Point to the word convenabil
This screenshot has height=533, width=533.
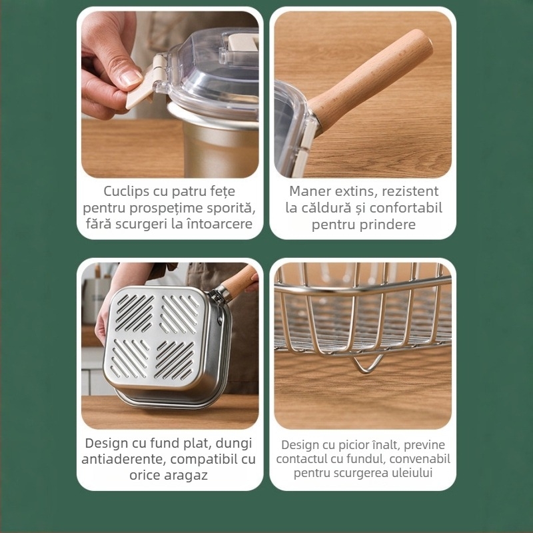420,459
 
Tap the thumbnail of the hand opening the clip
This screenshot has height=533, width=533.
170,93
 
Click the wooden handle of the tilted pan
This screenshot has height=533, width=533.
241,280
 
